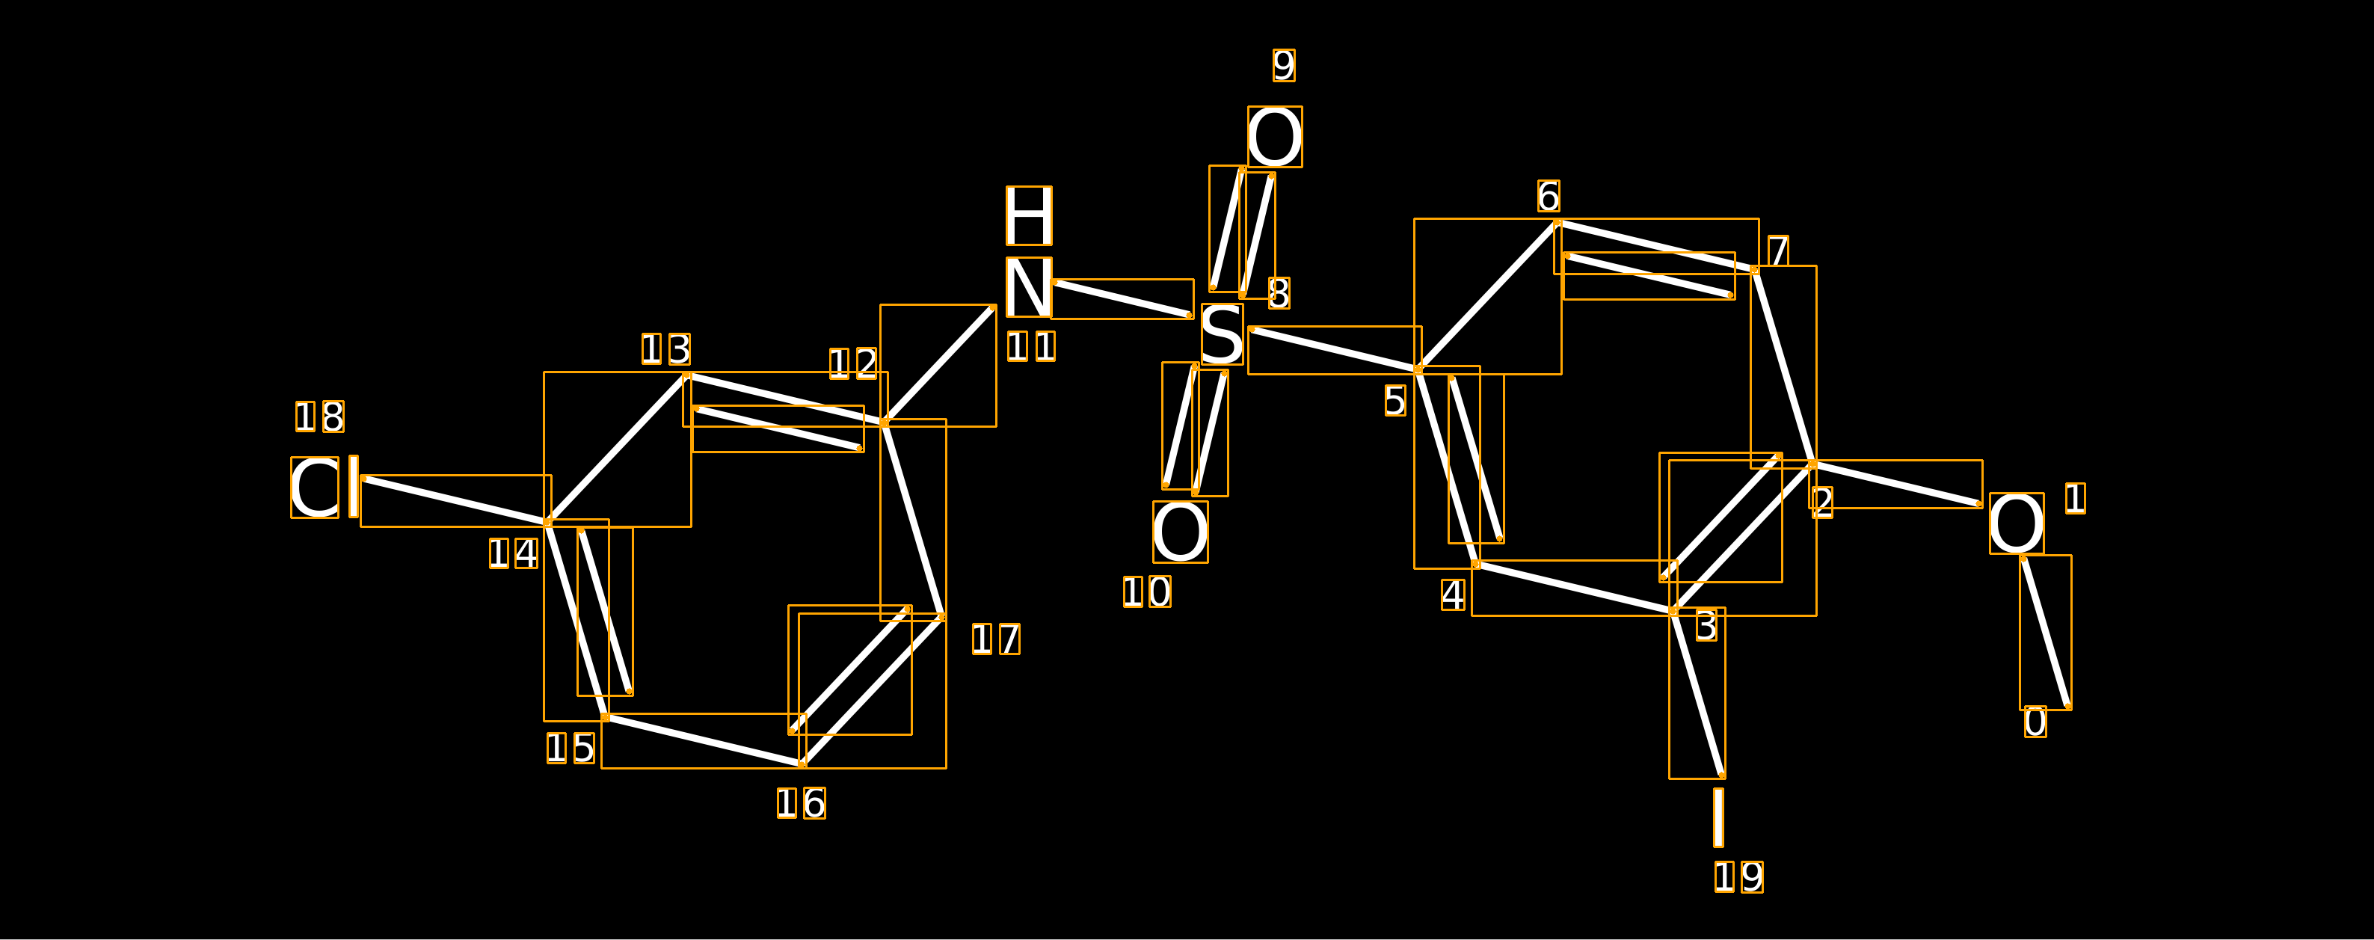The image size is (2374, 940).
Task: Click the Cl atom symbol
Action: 325,488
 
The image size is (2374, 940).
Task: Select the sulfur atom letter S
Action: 1222,334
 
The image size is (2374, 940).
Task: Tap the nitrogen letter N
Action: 1029,287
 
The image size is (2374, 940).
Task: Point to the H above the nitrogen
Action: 1029,215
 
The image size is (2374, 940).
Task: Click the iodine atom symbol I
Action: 1718,817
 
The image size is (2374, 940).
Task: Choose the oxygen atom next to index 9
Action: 1275,136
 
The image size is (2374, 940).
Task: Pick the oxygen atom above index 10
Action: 1180,532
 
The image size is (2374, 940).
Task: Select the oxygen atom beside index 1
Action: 2017,523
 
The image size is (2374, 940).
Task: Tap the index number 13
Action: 666,349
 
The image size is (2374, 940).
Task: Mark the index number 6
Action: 1549,196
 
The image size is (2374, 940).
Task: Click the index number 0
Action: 2036,722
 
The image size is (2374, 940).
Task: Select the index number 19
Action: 1739,876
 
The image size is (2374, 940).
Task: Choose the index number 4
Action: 1454,595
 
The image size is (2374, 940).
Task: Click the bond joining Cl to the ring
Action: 456,500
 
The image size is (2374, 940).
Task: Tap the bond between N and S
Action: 1122,298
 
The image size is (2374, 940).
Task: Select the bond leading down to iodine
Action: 1697,693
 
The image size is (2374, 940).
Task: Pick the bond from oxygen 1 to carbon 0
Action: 2046,632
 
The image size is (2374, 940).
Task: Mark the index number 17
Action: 996,639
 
